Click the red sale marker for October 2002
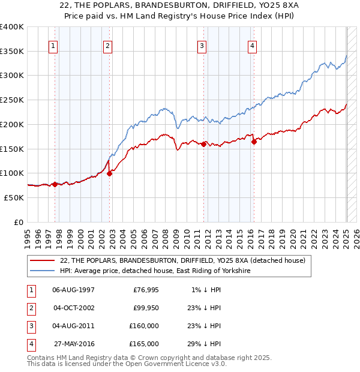coord(110,173)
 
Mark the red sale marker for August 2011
coord(204,144)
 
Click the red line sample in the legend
coord(42,260)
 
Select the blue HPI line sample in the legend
coord(42,271)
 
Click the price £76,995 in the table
coord(145,290)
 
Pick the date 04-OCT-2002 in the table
coord(73,308)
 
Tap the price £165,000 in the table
coord(143,344)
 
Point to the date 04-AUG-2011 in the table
coord(73,326)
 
